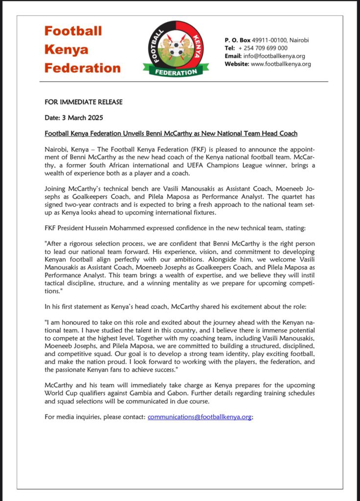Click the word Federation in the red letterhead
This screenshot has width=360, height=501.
[x=82, y=68]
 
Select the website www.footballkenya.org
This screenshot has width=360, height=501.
[x=281, y=64]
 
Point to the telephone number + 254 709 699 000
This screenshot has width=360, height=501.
[x=263, y=48]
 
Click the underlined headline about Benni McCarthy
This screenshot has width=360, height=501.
[x=171, y=134]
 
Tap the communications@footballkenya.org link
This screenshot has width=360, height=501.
[x=200, y=417]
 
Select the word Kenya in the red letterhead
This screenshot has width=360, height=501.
[x=67, y=49]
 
